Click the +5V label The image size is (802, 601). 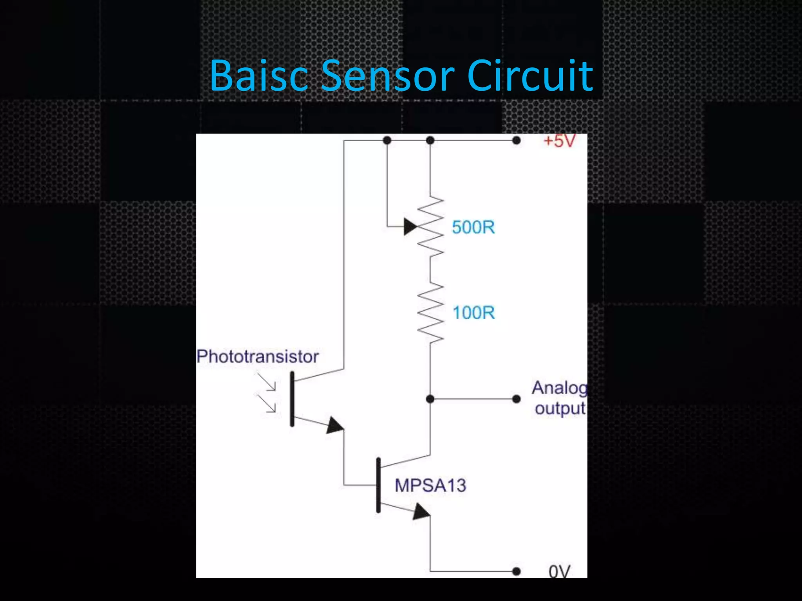560,141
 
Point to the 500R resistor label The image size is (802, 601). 473,227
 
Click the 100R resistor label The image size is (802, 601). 473,313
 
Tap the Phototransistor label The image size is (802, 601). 257,356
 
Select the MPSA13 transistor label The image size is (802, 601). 430,486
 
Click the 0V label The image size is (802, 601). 559,572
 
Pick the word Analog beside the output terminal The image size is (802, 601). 559,388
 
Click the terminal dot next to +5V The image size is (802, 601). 517,140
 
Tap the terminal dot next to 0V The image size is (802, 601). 517,571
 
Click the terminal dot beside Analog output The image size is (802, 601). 517,399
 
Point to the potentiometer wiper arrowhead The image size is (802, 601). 410,227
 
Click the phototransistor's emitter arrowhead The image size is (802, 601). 335,426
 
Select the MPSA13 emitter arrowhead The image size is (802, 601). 421,512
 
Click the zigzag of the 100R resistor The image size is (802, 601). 430,313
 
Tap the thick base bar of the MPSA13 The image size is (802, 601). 378,485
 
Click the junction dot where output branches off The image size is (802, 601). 430,399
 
